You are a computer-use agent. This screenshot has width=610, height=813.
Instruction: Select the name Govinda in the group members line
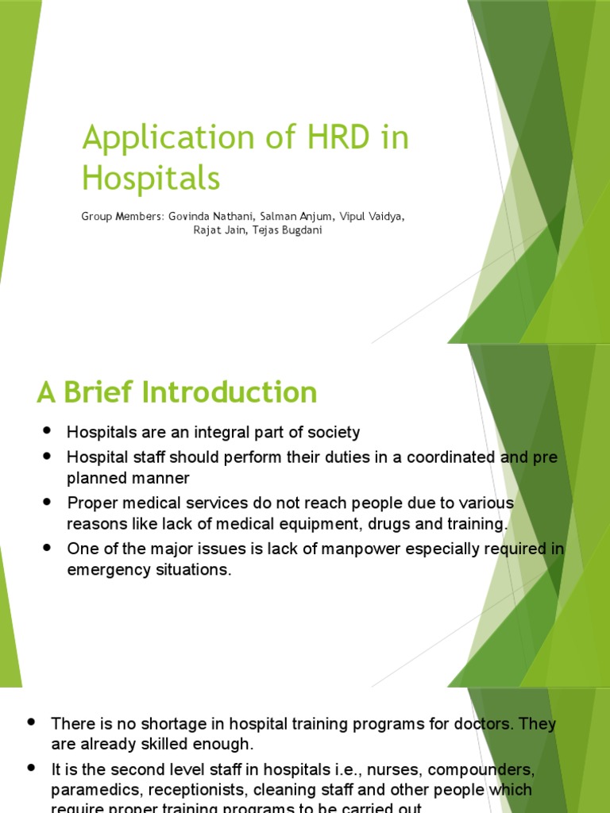click(x=189, y=216)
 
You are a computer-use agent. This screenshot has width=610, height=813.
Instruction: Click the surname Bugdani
click(x=296, y=231)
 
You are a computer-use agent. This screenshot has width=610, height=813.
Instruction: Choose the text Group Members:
click(x=122, y=216)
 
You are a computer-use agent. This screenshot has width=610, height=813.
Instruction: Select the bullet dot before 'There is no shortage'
click(x=31, y=722)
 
